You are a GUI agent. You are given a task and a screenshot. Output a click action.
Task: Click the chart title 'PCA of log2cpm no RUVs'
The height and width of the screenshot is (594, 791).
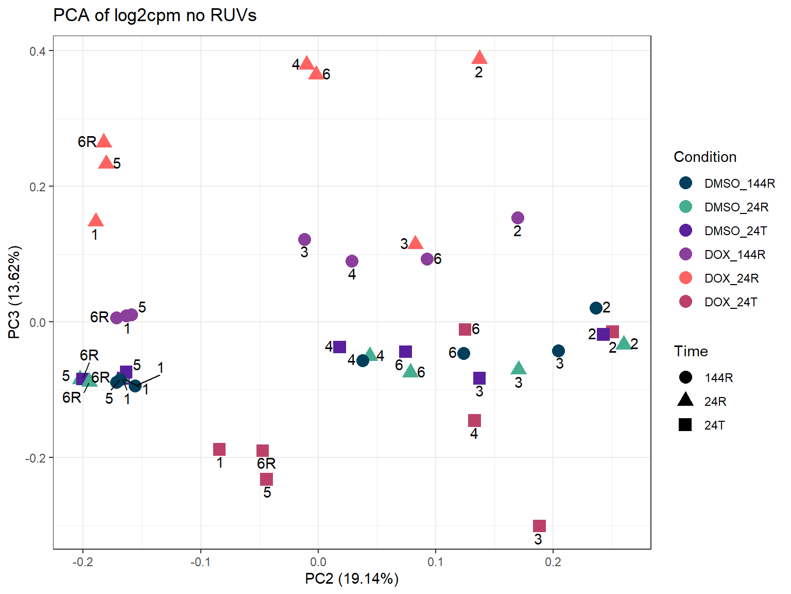154,15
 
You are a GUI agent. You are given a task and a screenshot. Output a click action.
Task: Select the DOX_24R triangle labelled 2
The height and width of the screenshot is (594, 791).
479,58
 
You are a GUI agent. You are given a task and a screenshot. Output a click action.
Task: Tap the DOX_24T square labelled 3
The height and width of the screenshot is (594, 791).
539,526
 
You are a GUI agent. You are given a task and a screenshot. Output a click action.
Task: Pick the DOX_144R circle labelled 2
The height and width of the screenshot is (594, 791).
518,218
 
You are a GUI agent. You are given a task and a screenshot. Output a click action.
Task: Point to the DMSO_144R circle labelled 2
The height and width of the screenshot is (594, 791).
596,308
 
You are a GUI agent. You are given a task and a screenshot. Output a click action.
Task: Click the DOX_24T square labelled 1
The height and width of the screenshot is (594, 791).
219,450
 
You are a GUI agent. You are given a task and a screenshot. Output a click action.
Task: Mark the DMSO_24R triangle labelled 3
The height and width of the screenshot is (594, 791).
519,368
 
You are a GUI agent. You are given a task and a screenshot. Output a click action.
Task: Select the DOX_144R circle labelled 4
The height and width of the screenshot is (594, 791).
352,261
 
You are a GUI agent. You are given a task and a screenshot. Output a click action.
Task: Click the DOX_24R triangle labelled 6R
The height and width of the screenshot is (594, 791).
104,141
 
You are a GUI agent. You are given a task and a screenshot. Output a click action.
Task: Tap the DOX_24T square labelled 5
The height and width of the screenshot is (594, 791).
266,480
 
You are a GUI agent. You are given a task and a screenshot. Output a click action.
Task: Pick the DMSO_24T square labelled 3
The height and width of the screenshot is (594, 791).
479,378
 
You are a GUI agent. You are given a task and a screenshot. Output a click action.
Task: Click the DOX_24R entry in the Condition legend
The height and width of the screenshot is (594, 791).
731,278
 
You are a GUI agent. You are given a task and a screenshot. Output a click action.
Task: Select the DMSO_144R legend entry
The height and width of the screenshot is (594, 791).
740,184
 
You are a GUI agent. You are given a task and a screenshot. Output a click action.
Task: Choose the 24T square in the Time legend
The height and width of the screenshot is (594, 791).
685,425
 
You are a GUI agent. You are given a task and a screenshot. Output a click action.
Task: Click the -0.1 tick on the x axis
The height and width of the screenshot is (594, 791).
200,562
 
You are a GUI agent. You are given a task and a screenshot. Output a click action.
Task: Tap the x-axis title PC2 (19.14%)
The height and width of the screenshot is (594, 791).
352,579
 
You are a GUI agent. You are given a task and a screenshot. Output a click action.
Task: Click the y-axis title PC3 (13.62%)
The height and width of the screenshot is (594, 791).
14,292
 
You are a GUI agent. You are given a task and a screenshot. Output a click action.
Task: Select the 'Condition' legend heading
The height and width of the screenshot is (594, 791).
705,157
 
